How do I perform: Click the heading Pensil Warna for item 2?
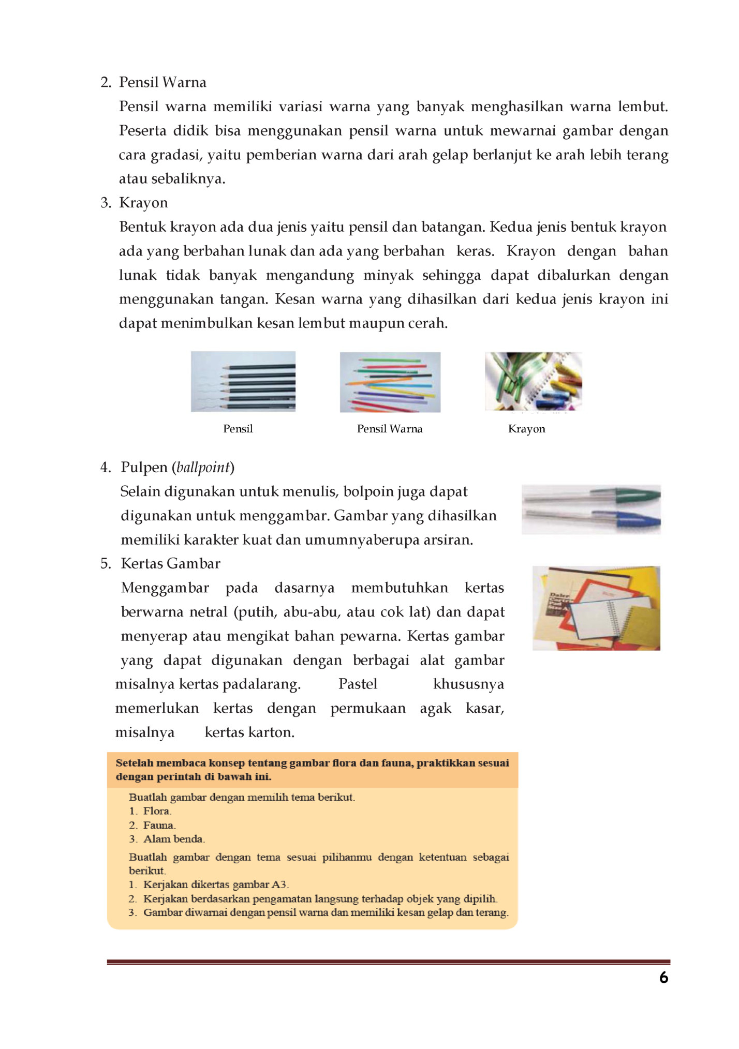(162, 82)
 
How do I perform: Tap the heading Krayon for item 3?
(143, 203)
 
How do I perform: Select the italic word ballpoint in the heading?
(203, 468)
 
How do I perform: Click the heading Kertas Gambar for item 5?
(170, 564)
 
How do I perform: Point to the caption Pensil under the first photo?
(238, 429)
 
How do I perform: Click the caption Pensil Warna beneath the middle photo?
(390, 429)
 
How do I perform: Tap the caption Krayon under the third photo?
(526, 429)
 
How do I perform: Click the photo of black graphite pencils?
(243, 382)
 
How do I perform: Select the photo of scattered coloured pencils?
(390, 382)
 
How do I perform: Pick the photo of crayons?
(534, 382)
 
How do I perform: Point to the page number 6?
(664, 978)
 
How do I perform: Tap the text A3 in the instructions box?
(280, 885)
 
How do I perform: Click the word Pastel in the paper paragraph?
(358, 684)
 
